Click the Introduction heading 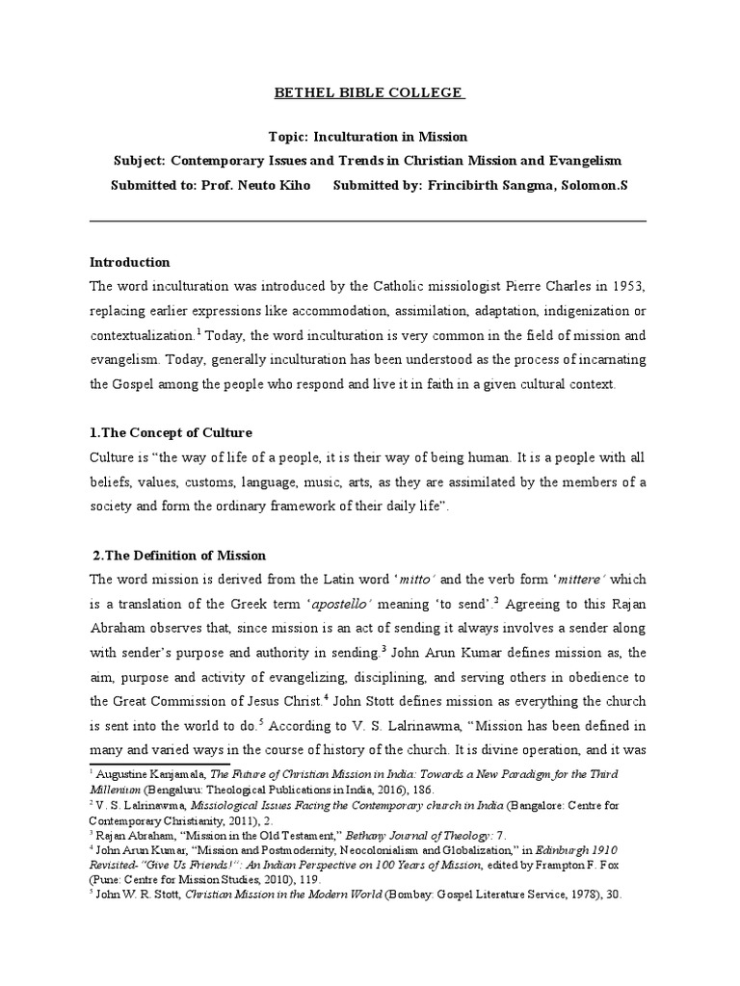(129, 262)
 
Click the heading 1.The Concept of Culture (171, 432)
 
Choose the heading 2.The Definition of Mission (179, 556)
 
